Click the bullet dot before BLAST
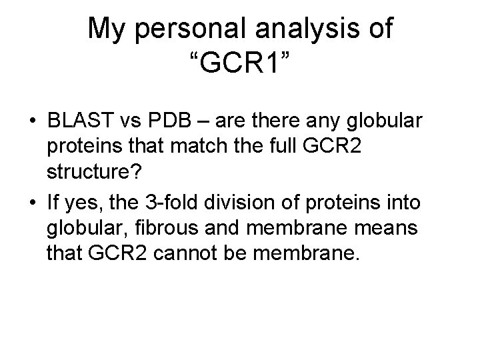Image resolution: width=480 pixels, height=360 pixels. click(32, 122)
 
